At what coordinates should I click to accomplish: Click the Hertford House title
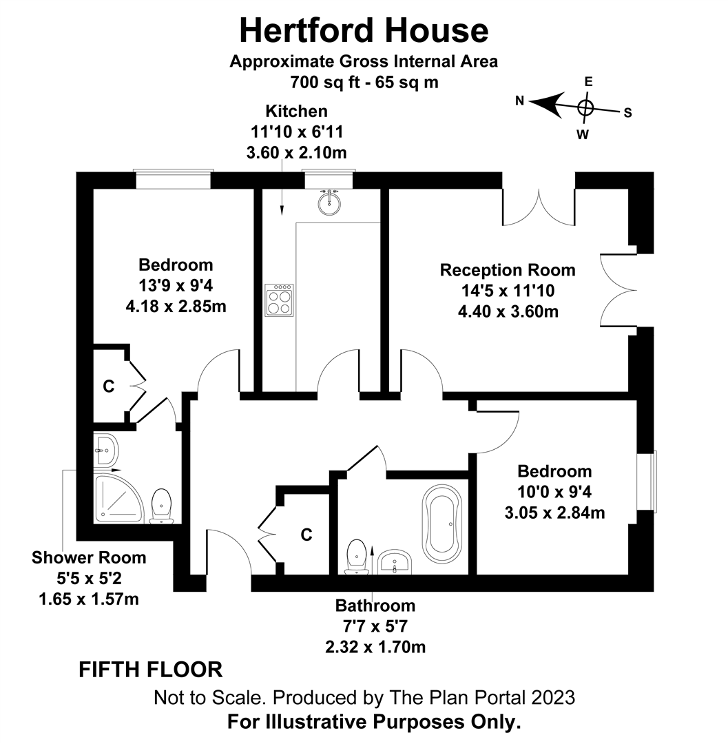coord(364,31)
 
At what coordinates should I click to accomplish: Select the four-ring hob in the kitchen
coord(279,300)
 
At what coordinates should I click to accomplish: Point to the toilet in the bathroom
coord(356,555)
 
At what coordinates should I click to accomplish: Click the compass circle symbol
coord(585,107)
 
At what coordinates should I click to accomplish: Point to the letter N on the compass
coord(520,101)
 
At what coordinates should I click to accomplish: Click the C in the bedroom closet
coord(108,387)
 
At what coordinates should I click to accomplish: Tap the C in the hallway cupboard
coord(307,534)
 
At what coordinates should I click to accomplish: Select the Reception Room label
coord(508,269)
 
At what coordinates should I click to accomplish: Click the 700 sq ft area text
coord(364,82)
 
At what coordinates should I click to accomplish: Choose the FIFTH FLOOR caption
coord(151,669)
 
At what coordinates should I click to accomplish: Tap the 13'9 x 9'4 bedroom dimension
coord(176,285)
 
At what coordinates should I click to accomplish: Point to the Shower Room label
coord(89,557)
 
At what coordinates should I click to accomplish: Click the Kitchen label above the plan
coord(297,111)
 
